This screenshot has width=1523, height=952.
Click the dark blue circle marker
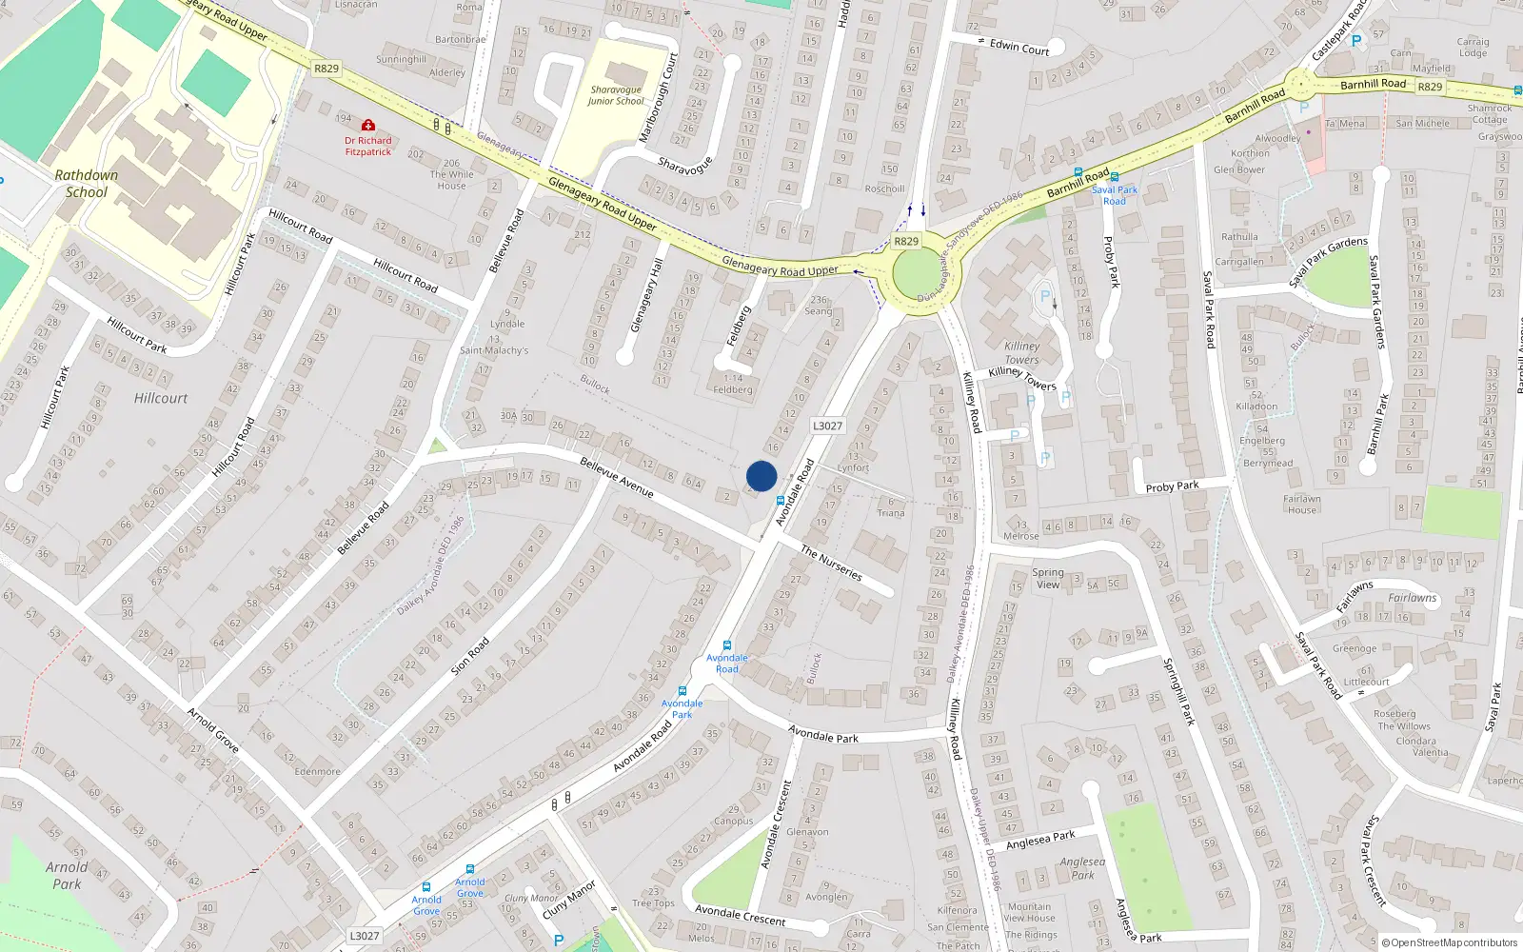(761, 476)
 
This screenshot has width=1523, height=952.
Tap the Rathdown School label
(86, 184)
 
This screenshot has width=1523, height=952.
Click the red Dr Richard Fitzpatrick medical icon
(368, 125)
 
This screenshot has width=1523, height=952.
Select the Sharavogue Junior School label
(616, 95)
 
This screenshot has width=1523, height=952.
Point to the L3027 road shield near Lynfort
(827, 426)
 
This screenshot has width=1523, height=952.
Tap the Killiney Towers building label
(1021, 352)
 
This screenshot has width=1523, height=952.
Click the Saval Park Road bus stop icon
(1115, 178)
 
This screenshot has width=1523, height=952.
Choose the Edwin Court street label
(1019, 47)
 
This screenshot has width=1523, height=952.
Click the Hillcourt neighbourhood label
(161, 398)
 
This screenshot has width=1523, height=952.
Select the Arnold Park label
(67, 875)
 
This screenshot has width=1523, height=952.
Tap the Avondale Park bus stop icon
(682, 691)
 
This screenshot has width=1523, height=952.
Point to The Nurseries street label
(831, 562)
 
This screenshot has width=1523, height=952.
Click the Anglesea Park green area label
(1083, 868)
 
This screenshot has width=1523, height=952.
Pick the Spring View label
(1048, 579)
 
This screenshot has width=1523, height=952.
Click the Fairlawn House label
(1301, 504)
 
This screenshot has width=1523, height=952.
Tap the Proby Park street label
(1172, 486)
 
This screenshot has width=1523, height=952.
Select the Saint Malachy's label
(494, 350)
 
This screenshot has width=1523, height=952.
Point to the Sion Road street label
(471, 654)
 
